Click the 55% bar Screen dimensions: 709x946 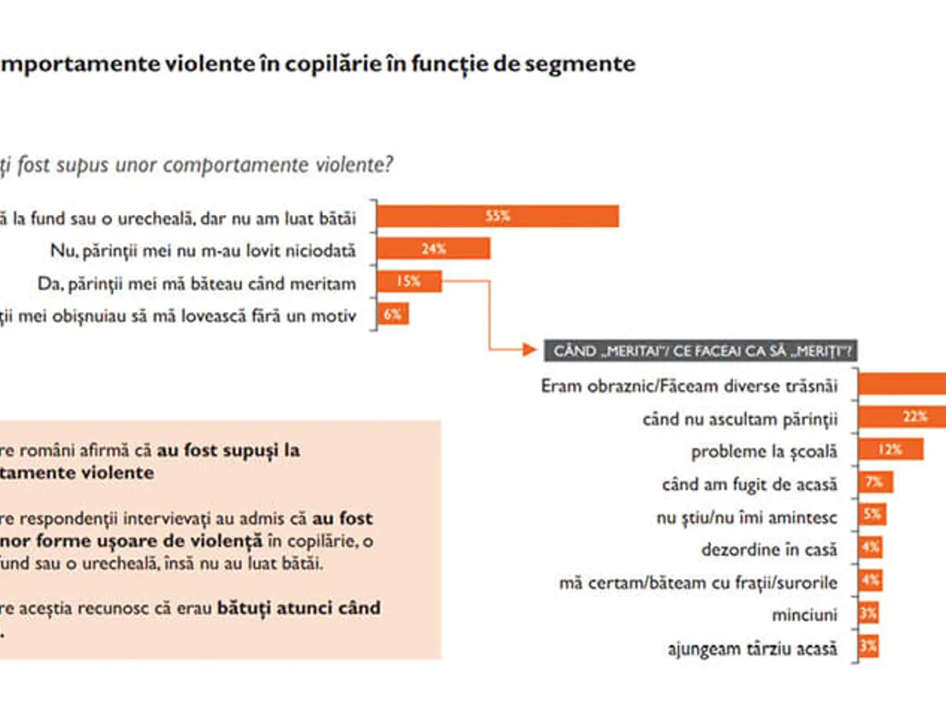tap(497, 216)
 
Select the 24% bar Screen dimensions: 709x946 tap(434, 249)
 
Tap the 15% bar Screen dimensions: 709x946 tap(409, 281)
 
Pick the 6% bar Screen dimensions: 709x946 tap(393, 314)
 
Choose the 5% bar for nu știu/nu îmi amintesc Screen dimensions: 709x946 tap(872, 515)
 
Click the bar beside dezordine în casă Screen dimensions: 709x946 tap(870, 548)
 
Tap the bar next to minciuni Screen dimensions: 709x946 tap(868, 614)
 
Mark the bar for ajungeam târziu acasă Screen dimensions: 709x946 tap(868, 647)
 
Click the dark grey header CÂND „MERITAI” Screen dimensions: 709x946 tap(701, 351)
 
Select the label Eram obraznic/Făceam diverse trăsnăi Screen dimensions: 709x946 tap(689, 386)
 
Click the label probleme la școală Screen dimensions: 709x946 tap(763, 451)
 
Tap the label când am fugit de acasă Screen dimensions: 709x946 tap(749, 484)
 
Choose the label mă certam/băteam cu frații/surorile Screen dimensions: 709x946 tap(698, 582)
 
